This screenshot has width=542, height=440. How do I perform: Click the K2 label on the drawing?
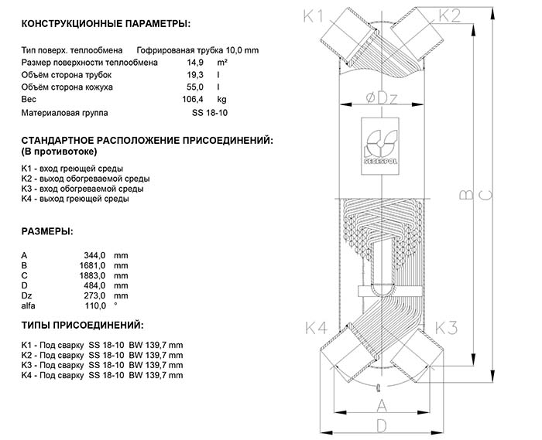(x=451, y=15)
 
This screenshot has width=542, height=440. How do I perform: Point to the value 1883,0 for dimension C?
(x=93, y=275)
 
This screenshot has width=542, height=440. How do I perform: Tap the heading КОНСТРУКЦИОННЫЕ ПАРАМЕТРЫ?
(x=105, y=25)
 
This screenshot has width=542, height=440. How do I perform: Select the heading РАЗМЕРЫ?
(x=48, y=231)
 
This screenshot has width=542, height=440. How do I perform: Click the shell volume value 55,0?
(x=180, y=87)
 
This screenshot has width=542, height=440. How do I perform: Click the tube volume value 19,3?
(x=180, y=74)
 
